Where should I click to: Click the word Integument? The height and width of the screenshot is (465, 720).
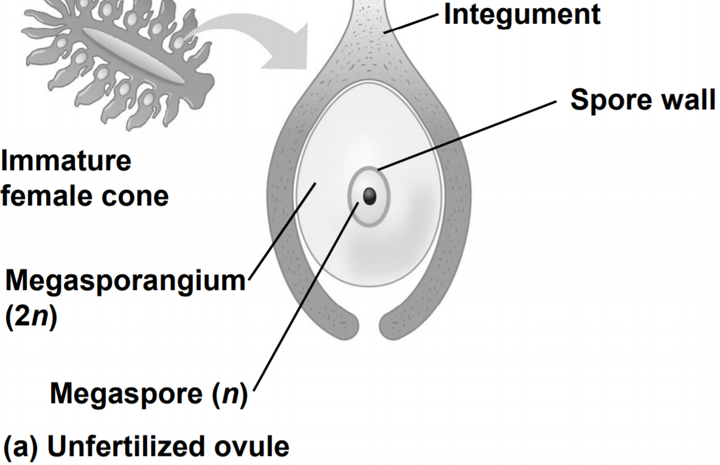[522, 15]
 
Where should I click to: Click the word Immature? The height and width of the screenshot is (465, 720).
[66, 162]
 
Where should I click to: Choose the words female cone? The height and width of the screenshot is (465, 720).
[84, 196]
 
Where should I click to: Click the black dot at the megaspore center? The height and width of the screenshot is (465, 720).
[369, 195]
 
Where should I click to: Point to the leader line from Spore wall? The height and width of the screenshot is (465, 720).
[468, 135]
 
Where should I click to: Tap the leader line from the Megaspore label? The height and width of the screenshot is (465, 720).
[304, 301]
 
